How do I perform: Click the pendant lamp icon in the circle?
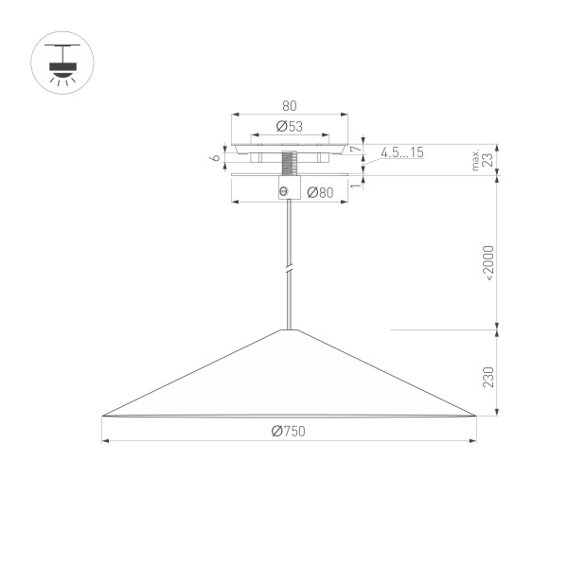point(63,63)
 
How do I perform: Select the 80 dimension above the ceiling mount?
point(290,107)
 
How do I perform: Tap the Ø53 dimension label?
point(290,126)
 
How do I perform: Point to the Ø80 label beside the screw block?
point(319,193)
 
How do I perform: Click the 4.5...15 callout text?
point(403,152)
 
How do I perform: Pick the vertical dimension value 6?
point(217,153)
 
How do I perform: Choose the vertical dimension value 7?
point(355,150)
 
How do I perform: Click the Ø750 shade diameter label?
point(288,431)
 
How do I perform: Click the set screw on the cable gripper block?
point(283,192)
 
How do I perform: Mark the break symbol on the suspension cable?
point(290,270)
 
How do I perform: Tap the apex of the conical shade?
point(290,329)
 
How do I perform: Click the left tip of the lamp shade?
point(103,415)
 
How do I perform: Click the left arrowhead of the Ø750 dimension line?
point(106,440)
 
